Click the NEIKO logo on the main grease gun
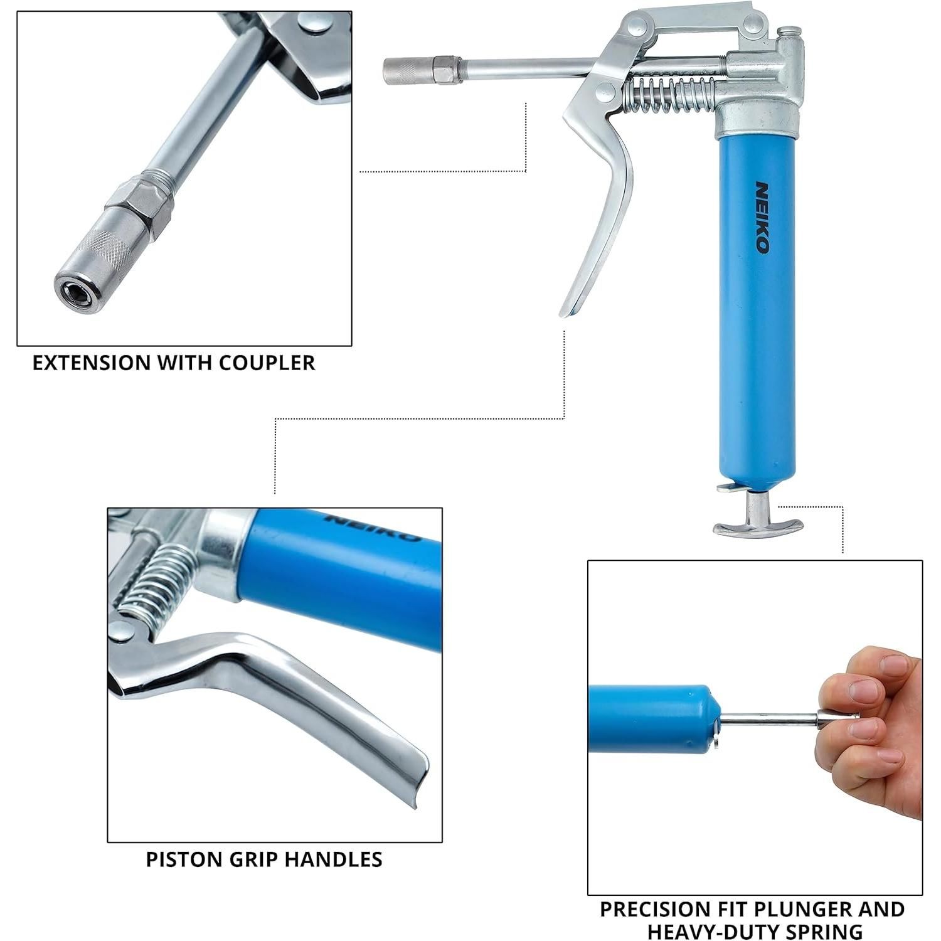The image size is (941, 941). point(762,218)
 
